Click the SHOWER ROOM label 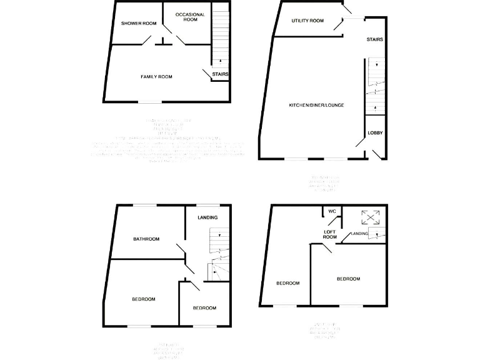click(x=138, y=24)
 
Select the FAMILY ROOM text click(x=156, y=77)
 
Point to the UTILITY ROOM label click(x=307, y=21)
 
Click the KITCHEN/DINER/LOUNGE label click(x=316, y=105)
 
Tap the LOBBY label click(x=375, y=132)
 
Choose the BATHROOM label click(x=146, y=239)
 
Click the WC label click(x=332, y=212)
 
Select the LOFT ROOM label click(x=330, y=234)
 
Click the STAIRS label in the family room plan click(x=220, y=74)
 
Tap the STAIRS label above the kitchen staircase click(x=375, y=39)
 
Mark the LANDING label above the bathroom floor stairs click(x=207, y=217)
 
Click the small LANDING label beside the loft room click(x=359, y=234)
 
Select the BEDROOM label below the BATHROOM click(x=144, y=299)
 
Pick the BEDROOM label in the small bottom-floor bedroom click(x=204, y=308)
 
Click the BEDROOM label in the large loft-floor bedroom click(x=348, y=279)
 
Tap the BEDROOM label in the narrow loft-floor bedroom click(x=288, y=283)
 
